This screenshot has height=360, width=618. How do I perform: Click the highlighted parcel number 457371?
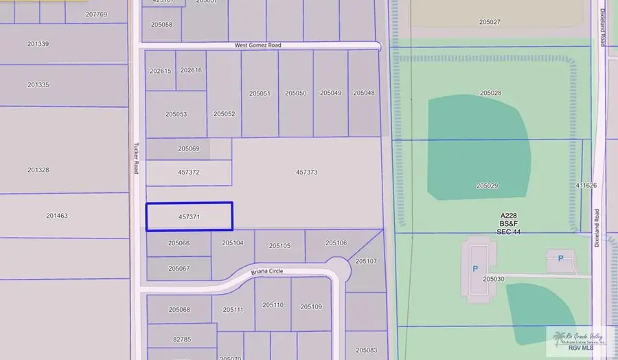click(x=189, y=216)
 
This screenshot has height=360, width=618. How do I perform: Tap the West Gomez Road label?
click(x=257, y=45)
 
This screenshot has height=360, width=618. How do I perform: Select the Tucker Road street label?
click(x=136, y=157)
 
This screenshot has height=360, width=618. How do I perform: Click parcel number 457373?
click(x=306, y=172)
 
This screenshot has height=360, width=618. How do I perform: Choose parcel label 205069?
click(x=188, y=148)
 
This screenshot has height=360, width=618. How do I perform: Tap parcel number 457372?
click(x=188, y=172)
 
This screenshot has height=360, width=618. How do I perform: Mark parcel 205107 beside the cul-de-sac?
click(x=366, y=261)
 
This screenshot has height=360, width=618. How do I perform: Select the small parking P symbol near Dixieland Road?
click(x=560, y=258)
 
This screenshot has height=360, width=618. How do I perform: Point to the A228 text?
click(x=508, y=216)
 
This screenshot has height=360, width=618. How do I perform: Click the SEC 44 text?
click(x=508, y=232)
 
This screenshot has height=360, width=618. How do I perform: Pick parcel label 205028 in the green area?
click(x=490, y=93)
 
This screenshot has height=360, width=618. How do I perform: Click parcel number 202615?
click(x=160, y=71)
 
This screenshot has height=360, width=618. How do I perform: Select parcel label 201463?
click(x=57, y=216)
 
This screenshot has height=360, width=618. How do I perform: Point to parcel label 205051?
click(x=260, y=93)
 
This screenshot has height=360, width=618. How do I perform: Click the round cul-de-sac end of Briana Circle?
click(x=337, y=267)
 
